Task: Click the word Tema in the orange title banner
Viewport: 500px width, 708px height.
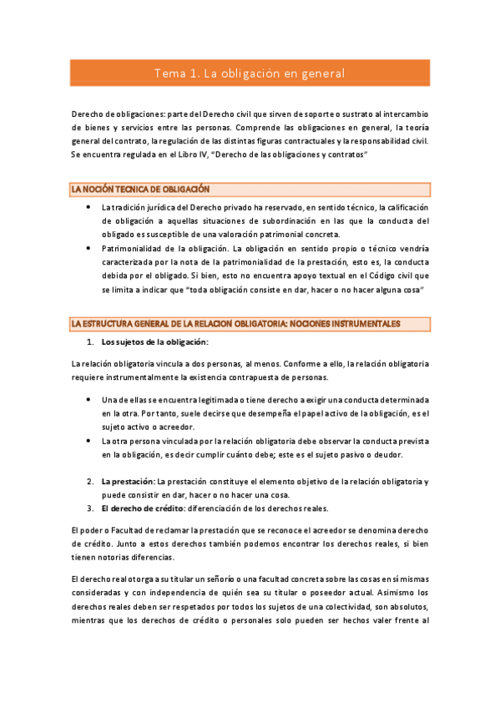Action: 170,74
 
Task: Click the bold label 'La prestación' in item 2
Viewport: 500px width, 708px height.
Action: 127,483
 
